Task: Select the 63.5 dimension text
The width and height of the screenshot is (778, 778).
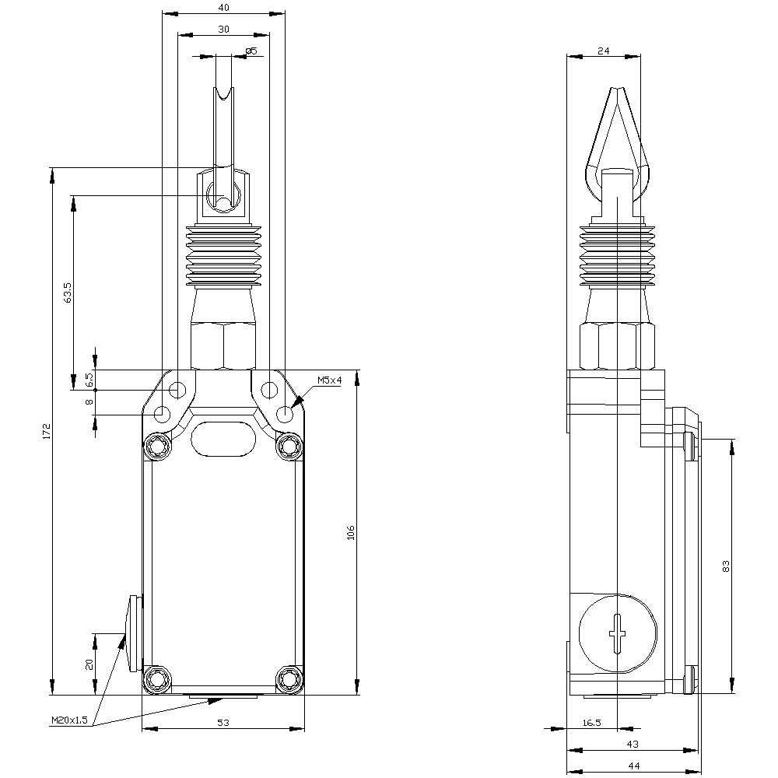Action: tap(68, 292)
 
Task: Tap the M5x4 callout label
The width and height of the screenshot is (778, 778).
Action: tap(329, 380)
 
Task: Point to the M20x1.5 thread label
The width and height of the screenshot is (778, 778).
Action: tap(69, 720)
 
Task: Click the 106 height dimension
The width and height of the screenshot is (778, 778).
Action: tap(351, 533)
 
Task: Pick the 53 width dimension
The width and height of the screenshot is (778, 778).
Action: tap(223, 723)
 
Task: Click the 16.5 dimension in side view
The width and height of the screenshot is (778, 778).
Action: tap(591, 723)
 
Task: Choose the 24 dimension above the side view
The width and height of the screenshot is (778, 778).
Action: tap(604, 51)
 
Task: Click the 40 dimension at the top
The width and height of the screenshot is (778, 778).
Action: tap(223, 7)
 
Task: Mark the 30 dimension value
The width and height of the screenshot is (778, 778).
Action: tap(223, 29)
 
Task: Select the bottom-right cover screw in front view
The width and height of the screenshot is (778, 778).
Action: tap(290, 679)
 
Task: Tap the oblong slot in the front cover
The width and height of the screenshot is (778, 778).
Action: tap(223, 439)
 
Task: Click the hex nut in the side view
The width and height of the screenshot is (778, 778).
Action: tap(616, 345)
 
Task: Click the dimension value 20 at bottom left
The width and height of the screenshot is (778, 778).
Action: tap(89, 664)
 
